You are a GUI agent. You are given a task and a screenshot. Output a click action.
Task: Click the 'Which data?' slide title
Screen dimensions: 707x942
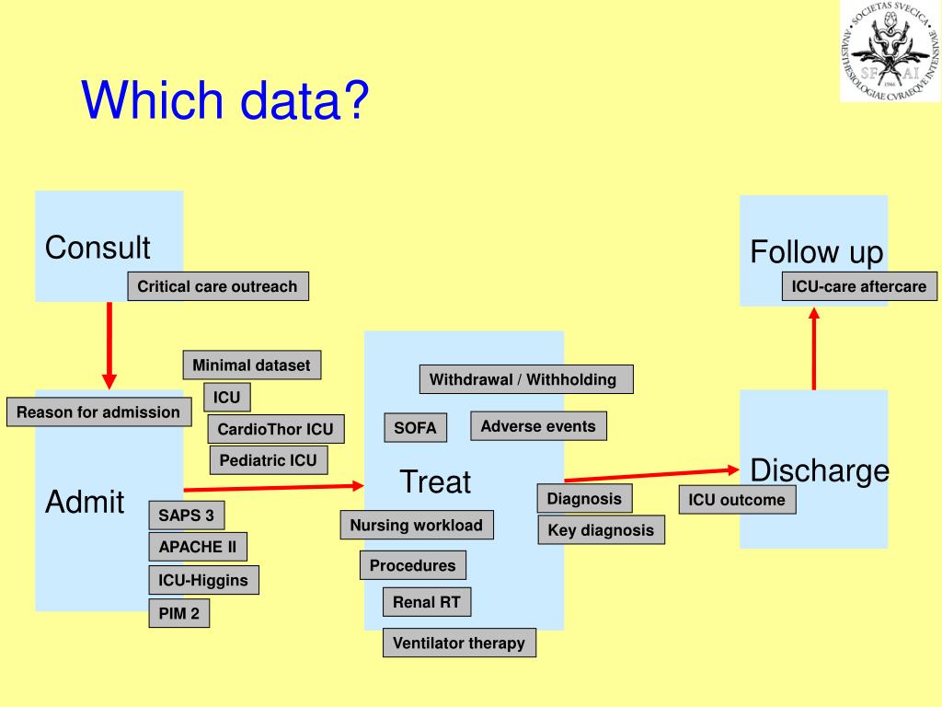(x=224, y=101)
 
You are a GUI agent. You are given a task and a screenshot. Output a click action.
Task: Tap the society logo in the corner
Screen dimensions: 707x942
(x=890, y=51)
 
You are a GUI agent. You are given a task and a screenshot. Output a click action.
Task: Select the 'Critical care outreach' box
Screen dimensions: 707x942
(x=218, y=286)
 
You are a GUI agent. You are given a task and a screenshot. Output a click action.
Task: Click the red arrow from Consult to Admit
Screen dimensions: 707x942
(x=109, y=344)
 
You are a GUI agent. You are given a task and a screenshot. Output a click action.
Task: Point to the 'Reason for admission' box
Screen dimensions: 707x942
(x=98, y=412)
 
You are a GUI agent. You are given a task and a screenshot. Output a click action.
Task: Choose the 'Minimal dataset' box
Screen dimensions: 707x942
(x=251, y=365)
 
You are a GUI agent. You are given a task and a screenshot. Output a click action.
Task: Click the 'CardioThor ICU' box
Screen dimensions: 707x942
(x=275, y=429)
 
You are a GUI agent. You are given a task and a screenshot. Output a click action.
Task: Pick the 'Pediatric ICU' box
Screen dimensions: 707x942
(x=268, y=460)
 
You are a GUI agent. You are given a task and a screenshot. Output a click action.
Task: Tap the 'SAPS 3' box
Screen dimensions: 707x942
(x=186, y=516)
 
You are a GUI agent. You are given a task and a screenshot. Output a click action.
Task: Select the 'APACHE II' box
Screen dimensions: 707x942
(x=197, y=547)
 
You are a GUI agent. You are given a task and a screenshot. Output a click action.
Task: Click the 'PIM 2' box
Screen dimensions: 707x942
(x=178, y=613)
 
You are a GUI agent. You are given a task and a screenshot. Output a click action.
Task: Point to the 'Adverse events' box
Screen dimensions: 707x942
(x=538, y=426)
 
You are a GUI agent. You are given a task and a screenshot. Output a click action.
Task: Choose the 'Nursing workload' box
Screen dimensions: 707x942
(x=417, y=526)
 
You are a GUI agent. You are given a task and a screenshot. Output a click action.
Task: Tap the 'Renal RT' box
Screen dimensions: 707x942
(x=427, y=602)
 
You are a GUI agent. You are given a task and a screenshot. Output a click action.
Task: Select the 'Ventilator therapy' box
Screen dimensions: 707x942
(x=459, y=643)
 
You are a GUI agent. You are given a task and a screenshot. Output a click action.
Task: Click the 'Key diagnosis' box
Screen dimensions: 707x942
(x=601, y=530)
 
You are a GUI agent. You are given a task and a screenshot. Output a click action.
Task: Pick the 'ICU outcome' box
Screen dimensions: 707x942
(x=737, y=500)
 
